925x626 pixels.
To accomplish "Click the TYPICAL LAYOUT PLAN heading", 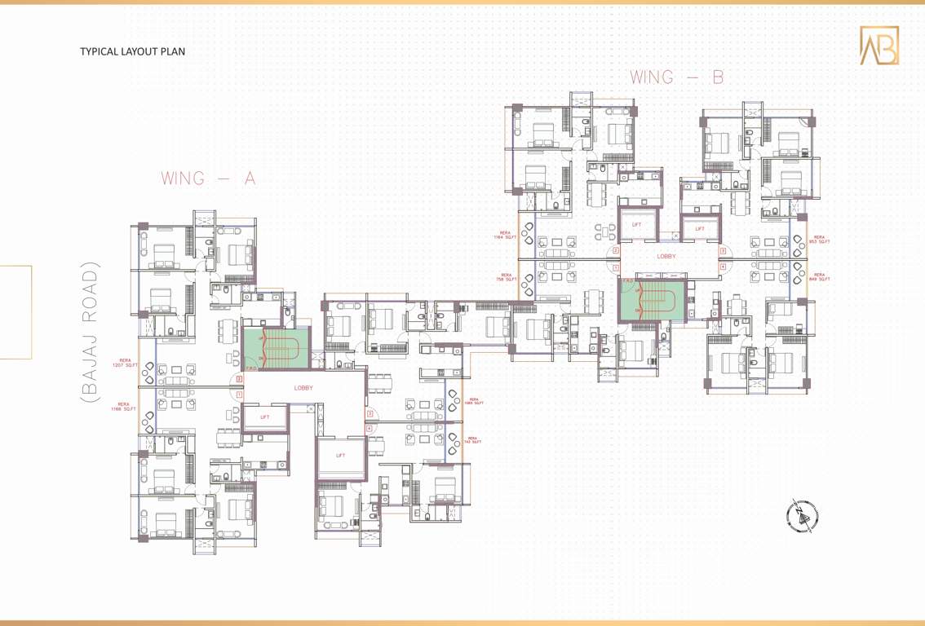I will tap(132, 51).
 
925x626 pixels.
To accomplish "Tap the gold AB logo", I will tap(879, 46).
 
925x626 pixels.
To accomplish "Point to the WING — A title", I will tap(208, 179).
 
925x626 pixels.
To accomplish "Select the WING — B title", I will tap(677, 77).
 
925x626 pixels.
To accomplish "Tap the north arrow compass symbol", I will tap(802, 515).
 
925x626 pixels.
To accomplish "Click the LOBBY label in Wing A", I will tap(303, 388).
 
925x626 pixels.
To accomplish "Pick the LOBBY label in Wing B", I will tap(666, 256).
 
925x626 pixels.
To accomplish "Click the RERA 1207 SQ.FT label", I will tap(126, 363).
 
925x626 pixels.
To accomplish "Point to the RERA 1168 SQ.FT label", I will tap(124, 406).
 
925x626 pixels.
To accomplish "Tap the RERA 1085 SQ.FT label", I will tap(473, 401).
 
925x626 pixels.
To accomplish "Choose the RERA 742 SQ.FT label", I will tap(473, 440).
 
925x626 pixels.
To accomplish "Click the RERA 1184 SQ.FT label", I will tap(506, 235).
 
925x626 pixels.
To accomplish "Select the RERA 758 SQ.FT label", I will tap(506, 277).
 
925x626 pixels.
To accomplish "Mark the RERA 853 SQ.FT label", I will tap(819, 240).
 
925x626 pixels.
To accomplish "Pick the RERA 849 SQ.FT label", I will tap(819, 277).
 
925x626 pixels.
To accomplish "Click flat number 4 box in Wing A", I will tap(369, 428).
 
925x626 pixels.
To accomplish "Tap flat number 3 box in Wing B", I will tap(723, 252).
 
